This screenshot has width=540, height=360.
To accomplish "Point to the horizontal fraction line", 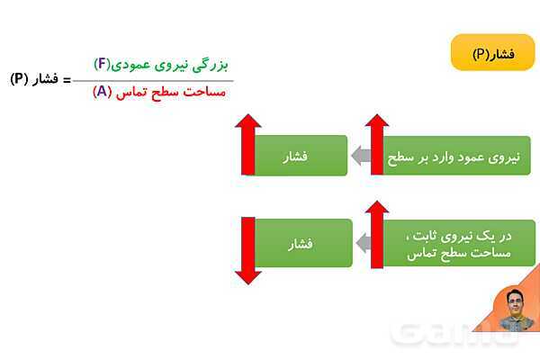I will [162, 80].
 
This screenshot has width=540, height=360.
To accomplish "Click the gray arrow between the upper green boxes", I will [362, 156].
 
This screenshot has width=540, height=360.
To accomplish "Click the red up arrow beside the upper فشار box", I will [247, 144].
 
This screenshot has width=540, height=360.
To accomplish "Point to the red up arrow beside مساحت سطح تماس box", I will [376, 232].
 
